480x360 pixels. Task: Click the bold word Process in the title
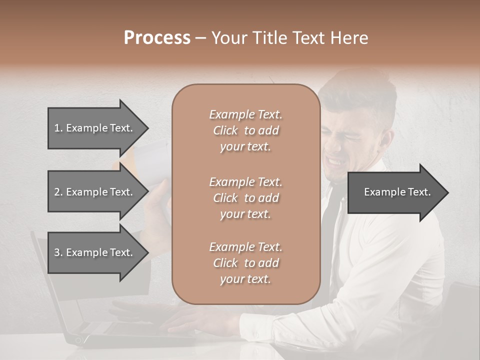pyautogui.click(x=157, y=38)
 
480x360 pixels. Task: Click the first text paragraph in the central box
pyautogui.click(x=245, y=130)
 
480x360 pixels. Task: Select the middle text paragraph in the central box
pyautogui.click(x=245, y=198)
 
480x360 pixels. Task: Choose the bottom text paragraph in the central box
pyautogui.click(x=245, y=263)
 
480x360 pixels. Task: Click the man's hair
pyautogui.click(x=365, y=90)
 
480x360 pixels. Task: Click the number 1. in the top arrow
pyautogui.click(x=58, y=128)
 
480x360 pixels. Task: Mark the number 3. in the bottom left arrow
pyautogui.click(x=58, y=253)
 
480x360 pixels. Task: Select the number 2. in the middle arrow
pyautogui.click(x=58, y=192)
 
